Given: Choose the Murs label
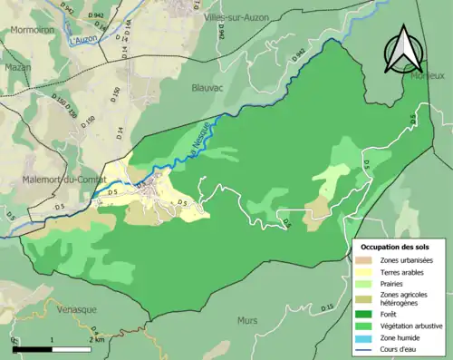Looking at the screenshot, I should (247, 320).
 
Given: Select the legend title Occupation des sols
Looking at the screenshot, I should (395, 247).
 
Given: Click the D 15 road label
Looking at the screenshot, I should (327, 309).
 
